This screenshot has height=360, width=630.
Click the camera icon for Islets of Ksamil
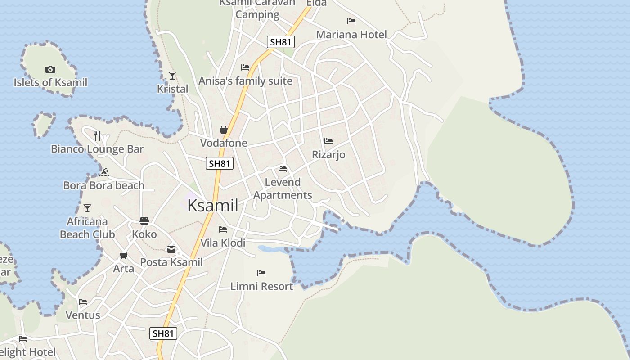pos(50,69)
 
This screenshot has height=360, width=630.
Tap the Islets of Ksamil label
pos(50,82)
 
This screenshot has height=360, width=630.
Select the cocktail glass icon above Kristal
pos(172,75)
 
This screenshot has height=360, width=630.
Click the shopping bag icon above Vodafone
pos(224,130)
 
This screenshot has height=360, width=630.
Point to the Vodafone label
pos(224,143)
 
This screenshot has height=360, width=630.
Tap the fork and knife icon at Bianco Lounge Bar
pos(97,135)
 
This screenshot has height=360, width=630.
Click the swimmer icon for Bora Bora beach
pos(104,172)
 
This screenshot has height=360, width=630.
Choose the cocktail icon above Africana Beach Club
pos(87,208)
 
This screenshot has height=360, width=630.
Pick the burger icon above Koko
pos(144,220)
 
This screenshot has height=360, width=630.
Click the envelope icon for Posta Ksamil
pos(171,249)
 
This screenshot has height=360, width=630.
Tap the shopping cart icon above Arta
pos(123,256)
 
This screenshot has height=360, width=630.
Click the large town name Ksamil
pos(212,206)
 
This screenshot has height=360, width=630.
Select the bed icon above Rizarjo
pos(328,141)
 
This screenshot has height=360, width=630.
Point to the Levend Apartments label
pos(283,189)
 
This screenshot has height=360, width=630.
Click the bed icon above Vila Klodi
pos(223,229)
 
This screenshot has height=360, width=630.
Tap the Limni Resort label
pos(261,286)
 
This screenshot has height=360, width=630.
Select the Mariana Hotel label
pos(351,35)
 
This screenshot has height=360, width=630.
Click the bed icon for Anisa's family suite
pos(245,67)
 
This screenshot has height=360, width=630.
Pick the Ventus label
pos(83,315)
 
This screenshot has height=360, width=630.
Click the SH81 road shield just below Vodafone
pos(220,163)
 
